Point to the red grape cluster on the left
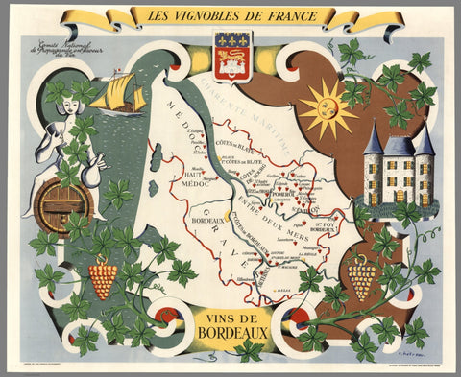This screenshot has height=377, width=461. (x=102, y=279)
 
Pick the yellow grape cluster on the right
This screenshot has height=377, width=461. (x=361, y=278)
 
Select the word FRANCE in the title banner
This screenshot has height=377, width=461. (x=303, y=16)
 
